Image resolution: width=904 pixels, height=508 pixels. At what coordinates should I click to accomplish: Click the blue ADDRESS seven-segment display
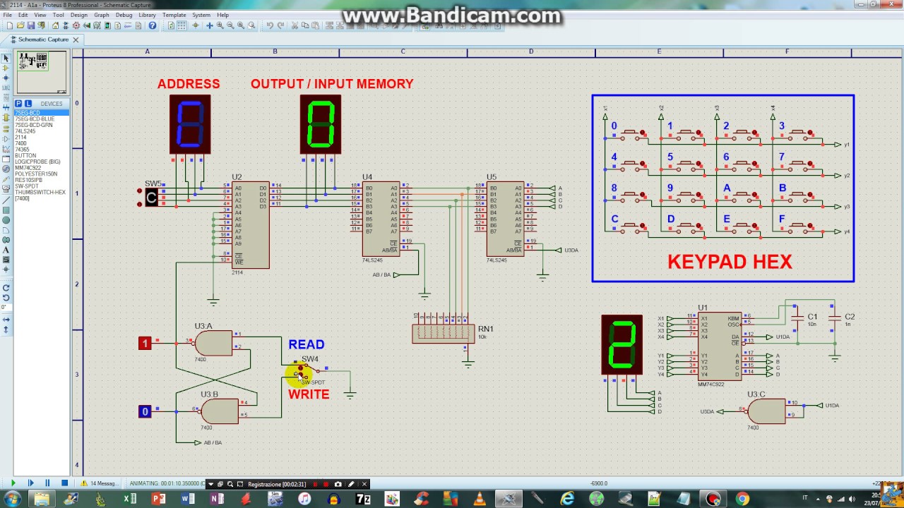[190, 124]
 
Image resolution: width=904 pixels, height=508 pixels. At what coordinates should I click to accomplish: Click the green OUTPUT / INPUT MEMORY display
[321, 124]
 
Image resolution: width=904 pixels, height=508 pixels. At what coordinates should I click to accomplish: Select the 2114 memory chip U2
[251, 225]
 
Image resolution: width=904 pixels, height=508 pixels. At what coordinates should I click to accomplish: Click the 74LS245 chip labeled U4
[381, 219]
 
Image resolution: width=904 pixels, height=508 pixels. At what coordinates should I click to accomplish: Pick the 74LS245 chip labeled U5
[505, 219]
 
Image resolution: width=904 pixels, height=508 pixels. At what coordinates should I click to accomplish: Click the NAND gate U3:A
[213, 344]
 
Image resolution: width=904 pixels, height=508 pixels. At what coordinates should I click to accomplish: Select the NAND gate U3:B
[219, 411]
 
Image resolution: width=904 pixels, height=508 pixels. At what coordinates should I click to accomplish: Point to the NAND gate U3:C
[766, 411]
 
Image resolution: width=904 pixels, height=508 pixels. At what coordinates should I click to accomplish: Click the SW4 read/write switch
[305, 370]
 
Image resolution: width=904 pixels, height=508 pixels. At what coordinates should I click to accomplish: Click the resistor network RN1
[443, 333]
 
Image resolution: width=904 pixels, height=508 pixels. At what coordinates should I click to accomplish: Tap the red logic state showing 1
[145, 344]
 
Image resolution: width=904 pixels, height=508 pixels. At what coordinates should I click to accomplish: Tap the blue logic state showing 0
[145, 411]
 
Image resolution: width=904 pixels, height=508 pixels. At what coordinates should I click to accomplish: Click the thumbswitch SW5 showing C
[151, 198]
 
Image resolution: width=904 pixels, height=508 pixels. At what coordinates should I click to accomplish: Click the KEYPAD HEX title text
[730, 262]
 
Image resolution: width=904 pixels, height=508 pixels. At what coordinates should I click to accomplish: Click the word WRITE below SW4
[309, 394]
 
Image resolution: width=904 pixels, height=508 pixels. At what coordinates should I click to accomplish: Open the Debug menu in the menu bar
[124, 15]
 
